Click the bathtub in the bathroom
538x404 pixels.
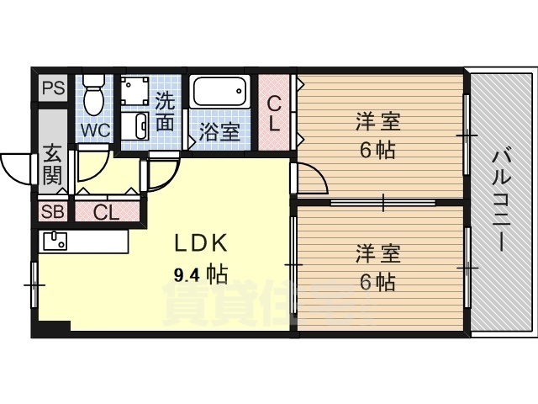point(219,93)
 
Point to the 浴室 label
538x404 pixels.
point(219,132)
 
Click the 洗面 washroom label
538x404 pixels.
point(166,111)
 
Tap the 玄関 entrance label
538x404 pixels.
point(52,166)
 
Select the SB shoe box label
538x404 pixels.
point(52,211)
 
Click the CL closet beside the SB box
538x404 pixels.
point(107,211)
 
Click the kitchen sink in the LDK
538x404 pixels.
point(55,240)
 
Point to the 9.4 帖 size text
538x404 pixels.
point(200,274)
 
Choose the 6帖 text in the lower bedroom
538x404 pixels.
point(377,283)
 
